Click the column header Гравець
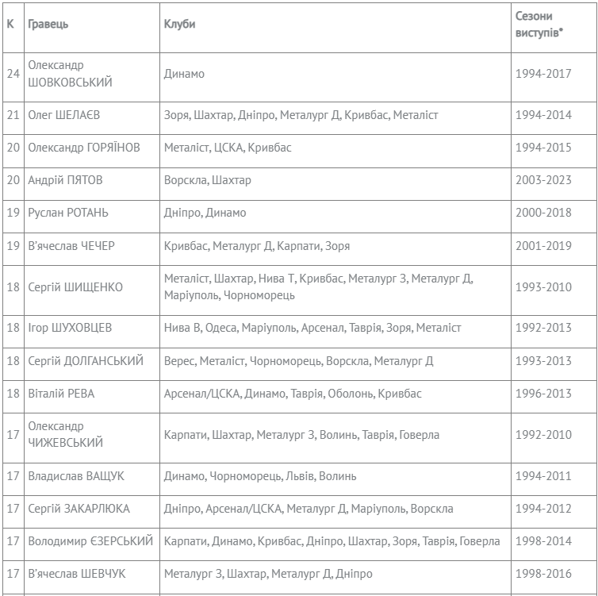[x=48, y=24]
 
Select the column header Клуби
[x=179, y=24]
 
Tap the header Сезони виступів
[x=539, y=24]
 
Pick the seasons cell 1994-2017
[x=542, y=74]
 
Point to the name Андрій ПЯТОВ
[x=65, y=180]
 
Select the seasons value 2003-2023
[x=542, y=180]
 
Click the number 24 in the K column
[x=13, y=74]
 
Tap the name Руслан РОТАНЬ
[x=68, y=213]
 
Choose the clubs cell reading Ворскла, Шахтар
[x=207, y=180]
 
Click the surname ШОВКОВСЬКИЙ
[x=70, y=82]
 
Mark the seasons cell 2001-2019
[x=542, y=246]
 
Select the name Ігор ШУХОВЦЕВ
[x=70, y=328]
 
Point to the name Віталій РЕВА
[x=62, y=394]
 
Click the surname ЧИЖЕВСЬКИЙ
[x=65, y=443]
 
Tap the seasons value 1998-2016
[x=542, y=574]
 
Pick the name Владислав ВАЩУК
[x=76, y=476]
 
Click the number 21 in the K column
[x=13, y=115]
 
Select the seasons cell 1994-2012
[x=542, y=509]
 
